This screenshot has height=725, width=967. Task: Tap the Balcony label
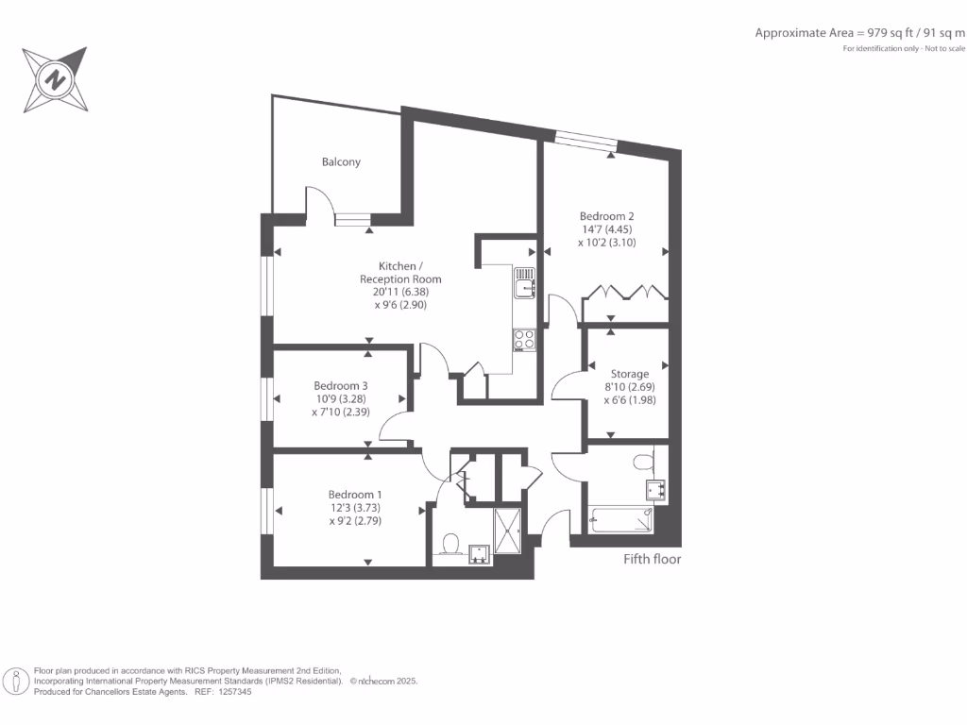click(x=341, y=162)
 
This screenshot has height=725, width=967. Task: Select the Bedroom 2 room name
click(x=606, y=216)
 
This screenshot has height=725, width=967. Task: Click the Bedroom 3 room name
click(x=340, y=386)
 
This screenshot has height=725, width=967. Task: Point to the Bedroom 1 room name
click(x=355, y=495)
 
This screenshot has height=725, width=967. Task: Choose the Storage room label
click(x=629, y=374)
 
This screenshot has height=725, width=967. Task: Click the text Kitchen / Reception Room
click(x=400, y=273)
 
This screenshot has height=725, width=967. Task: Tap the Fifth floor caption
click(x=652, y=559)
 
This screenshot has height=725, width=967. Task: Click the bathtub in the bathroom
click(x=619, y=519)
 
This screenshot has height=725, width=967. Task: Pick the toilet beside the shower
click(x=450, y=545)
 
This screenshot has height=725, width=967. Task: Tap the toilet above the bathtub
click(x=644, y=462)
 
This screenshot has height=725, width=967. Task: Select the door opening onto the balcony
click(x=319, y=201)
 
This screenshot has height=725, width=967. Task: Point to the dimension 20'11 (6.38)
click(x=400, y=293)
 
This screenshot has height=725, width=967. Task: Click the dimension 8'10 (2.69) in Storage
click(x=629, y=387)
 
